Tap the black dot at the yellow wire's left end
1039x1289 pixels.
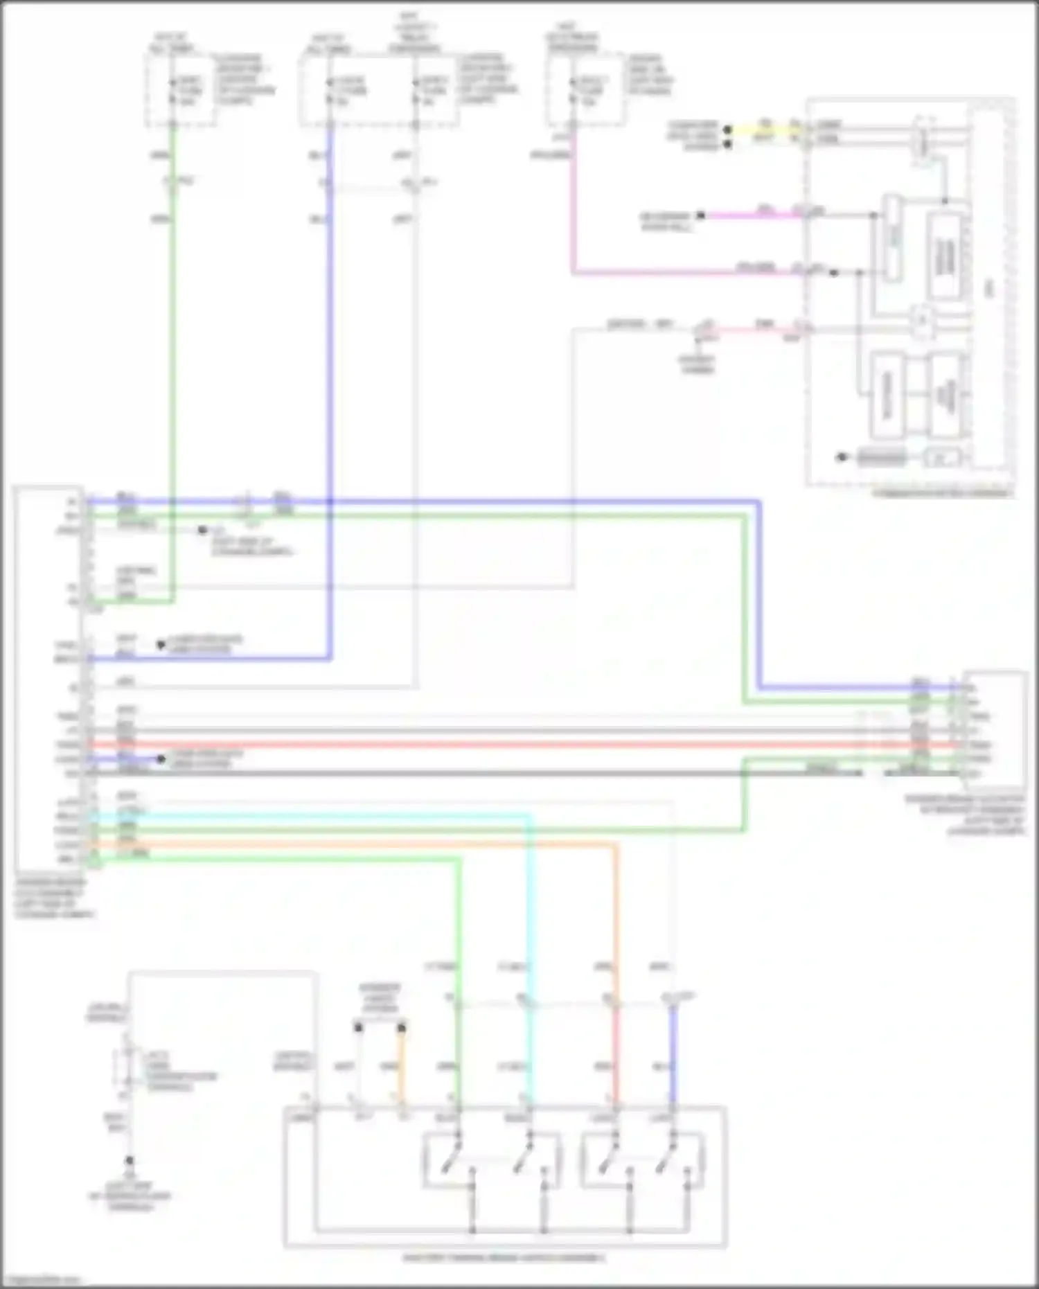point(727,130)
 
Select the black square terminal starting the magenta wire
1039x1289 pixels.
point(701,215)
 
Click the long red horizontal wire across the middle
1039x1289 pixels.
point(485,745)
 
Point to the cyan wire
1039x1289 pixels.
point(531,900)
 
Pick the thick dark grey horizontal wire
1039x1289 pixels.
point(485,772)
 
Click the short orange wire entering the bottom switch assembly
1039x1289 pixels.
point(402,1067)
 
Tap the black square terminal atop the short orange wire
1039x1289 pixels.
point(402,1028)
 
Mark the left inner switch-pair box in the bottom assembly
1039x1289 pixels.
point(492,1160)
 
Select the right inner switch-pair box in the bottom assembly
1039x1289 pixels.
point(643,1160)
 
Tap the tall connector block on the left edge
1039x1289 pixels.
point(48,679)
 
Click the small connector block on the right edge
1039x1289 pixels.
point(996,731)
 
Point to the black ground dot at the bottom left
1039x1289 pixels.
point(129,1160)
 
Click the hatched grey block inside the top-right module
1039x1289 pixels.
point(882,457)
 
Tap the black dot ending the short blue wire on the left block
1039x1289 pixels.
point(161,759)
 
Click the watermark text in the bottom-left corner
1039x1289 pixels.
point(42,1281)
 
